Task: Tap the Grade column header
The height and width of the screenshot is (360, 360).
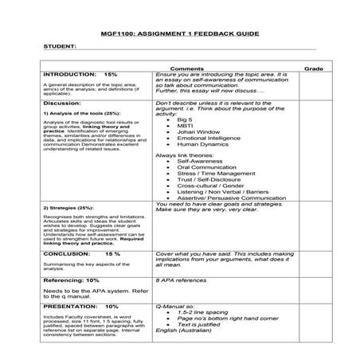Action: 313,68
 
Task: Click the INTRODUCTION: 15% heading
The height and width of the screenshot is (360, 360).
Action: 80,74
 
